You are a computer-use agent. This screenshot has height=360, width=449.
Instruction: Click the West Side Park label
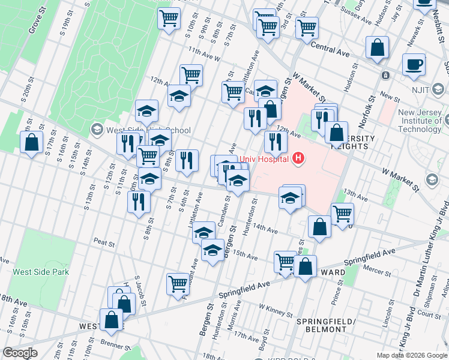(x=41, y=272)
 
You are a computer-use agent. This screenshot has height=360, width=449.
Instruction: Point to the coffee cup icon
(x=413, y=64)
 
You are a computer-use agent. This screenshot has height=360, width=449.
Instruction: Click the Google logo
(x=20, y=352)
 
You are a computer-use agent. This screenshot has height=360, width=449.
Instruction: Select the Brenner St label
(x=115, y=346)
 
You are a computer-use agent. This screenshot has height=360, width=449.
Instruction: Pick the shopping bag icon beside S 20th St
(x=31, y=143)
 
